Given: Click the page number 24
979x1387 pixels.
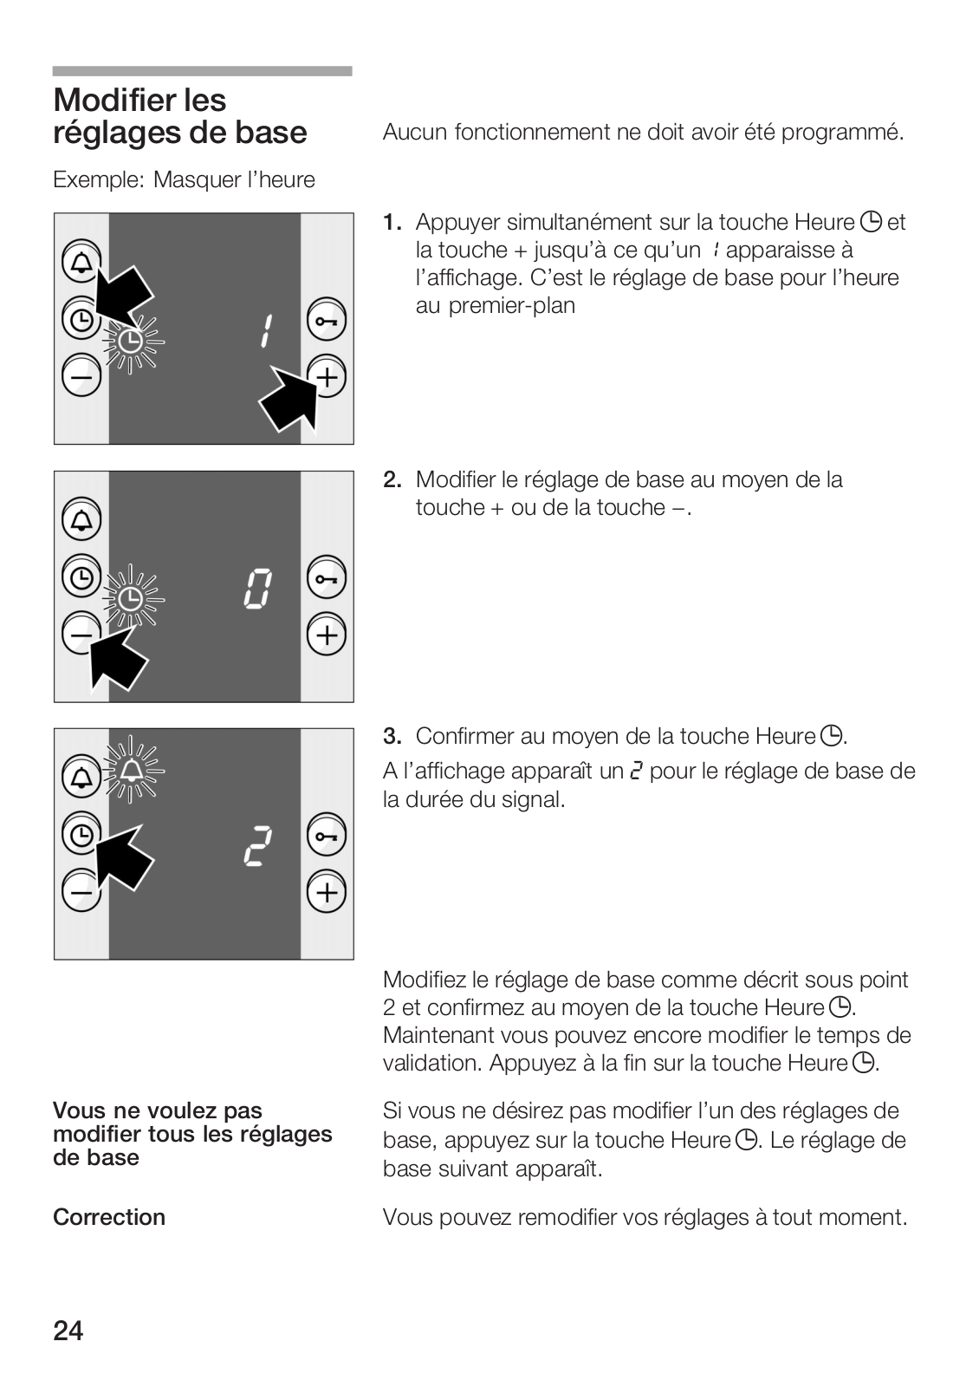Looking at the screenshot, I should tap(68, 1330).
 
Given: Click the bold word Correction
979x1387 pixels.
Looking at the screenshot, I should tap(109, 1217).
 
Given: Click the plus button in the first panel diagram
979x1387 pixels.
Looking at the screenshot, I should tap(326, 377).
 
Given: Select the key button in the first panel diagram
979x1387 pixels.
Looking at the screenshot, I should tap(326, 322).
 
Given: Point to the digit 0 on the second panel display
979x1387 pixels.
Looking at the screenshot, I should tap(258, 589).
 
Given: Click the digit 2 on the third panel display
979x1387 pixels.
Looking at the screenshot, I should tap(257, 847).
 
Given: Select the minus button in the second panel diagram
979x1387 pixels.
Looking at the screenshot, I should tap(81, 635).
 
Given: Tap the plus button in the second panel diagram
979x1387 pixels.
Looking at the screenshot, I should tap(326, 635).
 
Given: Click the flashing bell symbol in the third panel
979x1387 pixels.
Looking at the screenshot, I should tap(132, 770).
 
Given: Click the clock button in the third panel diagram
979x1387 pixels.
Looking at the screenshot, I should tap(81, 835).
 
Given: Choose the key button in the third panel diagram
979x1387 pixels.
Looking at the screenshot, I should tap(326, 836).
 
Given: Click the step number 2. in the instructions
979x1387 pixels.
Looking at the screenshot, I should tap(392, 479).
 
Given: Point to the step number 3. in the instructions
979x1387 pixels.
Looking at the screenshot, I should tap(392, 736).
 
